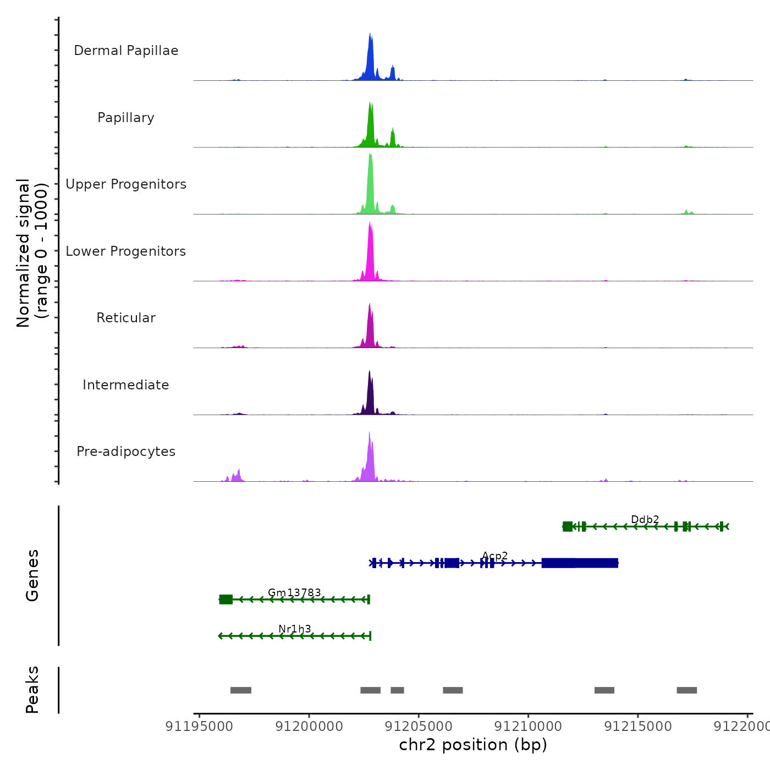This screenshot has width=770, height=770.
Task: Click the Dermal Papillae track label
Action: [126, 51]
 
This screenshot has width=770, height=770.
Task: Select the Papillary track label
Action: [126, 118]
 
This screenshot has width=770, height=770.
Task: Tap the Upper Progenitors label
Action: [126, 184]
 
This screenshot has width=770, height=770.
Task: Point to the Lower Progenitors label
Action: [126, 251]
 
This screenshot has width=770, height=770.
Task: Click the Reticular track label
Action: [126, 318]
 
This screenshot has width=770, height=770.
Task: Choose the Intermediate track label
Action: [126, 385]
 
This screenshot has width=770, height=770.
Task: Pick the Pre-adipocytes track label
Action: [126, 452]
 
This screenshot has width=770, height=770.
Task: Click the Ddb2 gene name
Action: [645, 519]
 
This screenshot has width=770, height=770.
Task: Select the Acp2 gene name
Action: [494, 556]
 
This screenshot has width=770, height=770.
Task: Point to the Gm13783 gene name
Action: [294, 592]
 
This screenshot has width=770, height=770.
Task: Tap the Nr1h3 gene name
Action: [294, 629]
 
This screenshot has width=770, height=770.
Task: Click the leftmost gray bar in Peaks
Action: [241, 690]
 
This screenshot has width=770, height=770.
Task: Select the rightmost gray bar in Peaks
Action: [686, 690]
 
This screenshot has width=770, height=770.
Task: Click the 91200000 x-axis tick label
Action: [309, 727]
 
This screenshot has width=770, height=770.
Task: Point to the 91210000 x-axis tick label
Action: [529, 727]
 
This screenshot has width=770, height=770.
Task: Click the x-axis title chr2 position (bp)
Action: [473, 745]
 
